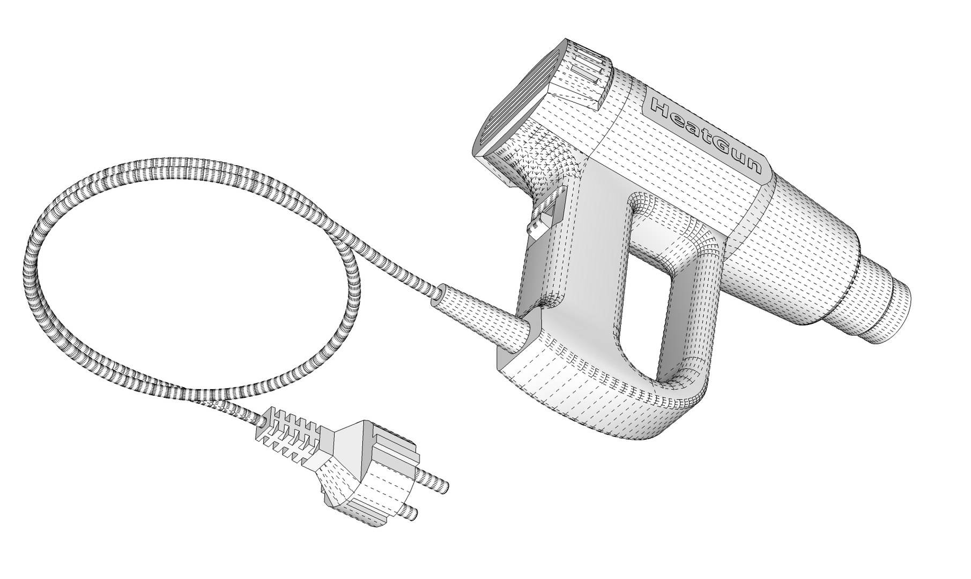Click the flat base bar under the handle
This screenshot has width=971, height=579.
coord(590,397)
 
